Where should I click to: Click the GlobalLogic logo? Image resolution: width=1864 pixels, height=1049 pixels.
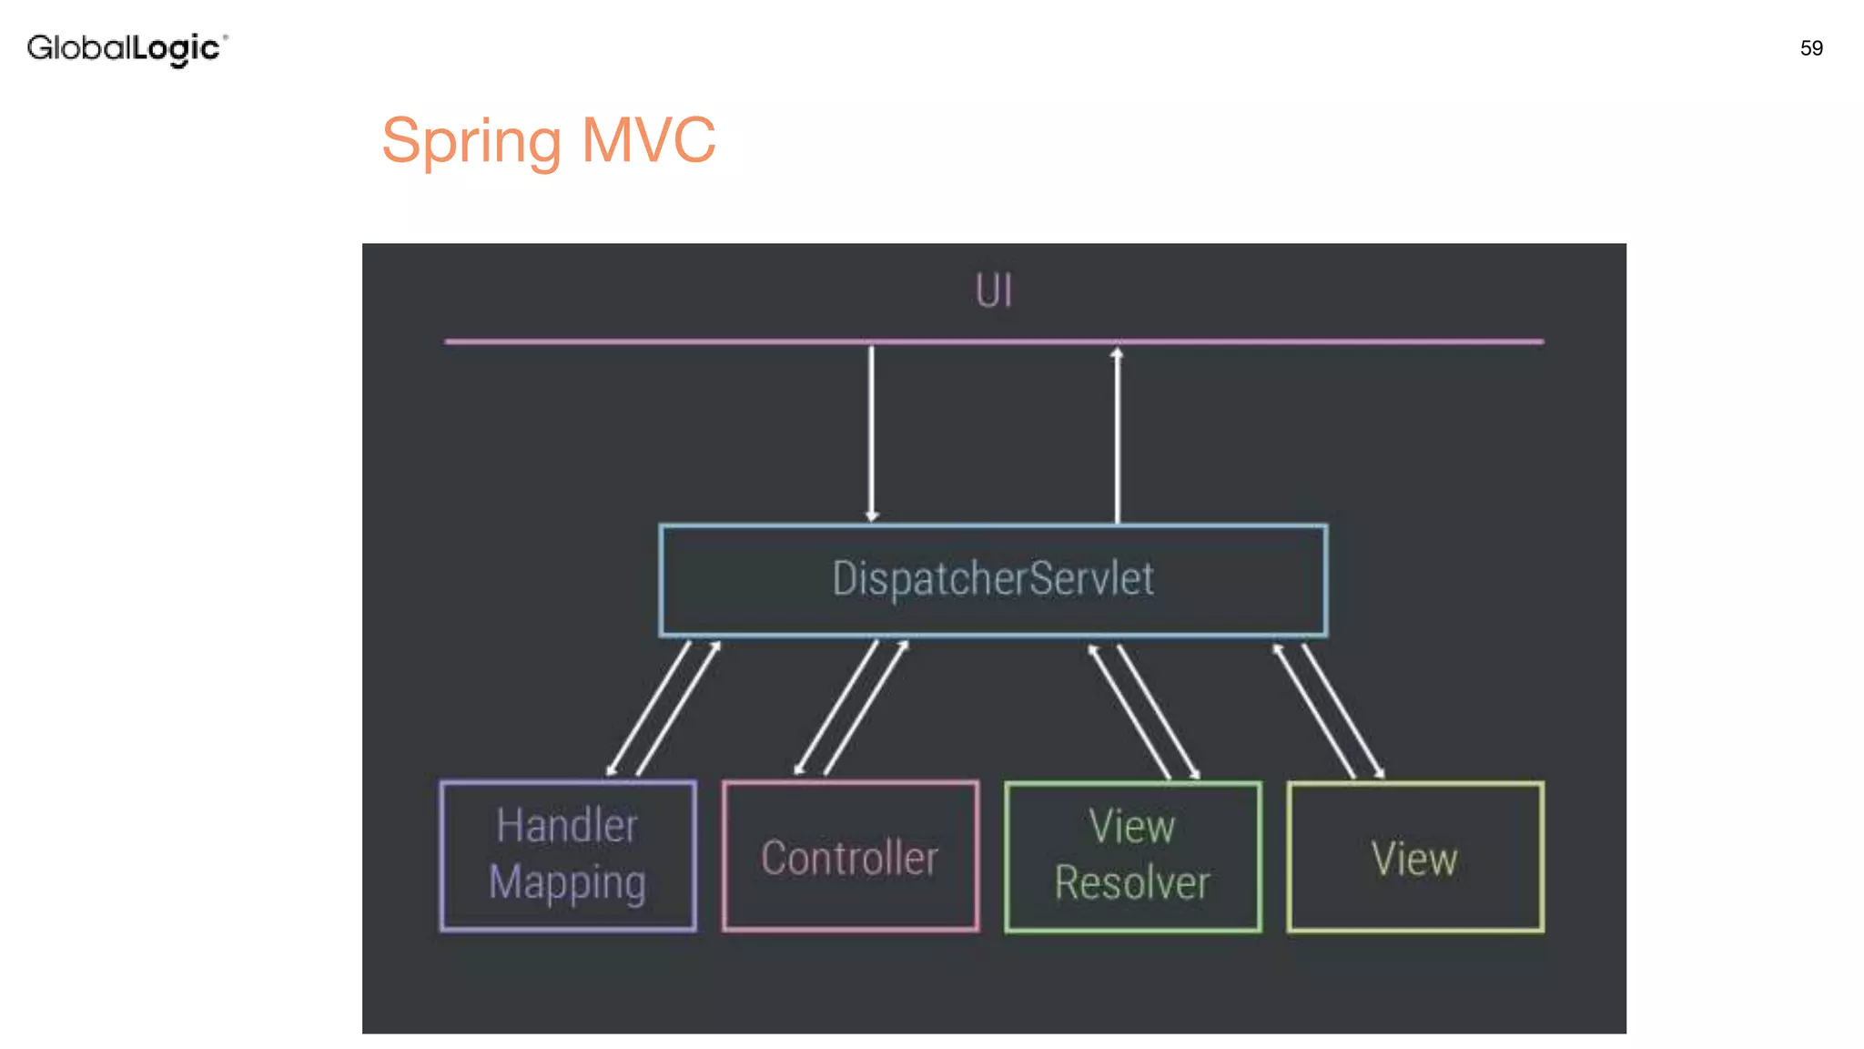(127, 48)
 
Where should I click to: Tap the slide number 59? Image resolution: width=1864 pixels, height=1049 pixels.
(1811, 48)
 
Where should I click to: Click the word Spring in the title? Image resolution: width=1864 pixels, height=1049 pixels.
(471, 142)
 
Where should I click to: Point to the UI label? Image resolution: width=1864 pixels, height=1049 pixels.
(993, 291)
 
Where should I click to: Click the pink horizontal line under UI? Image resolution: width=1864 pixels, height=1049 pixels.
(637, 341)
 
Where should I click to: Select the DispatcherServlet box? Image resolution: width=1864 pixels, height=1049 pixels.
(993, 580)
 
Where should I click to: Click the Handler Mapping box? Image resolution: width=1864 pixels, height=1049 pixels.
(568, 856)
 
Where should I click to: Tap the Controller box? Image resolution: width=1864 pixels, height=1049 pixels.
(850, 857)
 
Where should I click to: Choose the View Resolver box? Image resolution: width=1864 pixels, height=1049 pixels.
(1132, 857)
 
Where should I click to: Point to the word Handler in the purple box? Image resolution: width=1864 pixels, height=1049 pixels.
(567, 826)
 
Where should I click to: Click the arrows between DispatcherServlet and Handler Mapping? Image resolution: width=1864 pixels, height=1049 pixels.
(664, 708)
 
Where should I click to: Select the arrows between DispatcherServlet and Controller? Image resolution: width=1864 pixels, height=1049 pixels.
(852, 708)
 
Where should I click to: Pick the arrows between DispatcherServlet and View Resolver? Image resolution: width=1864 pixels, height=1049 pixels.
(1144, 710)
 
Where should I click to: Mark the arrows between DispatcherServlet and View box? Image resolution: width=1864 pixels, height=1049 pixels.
(1328, 710)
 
